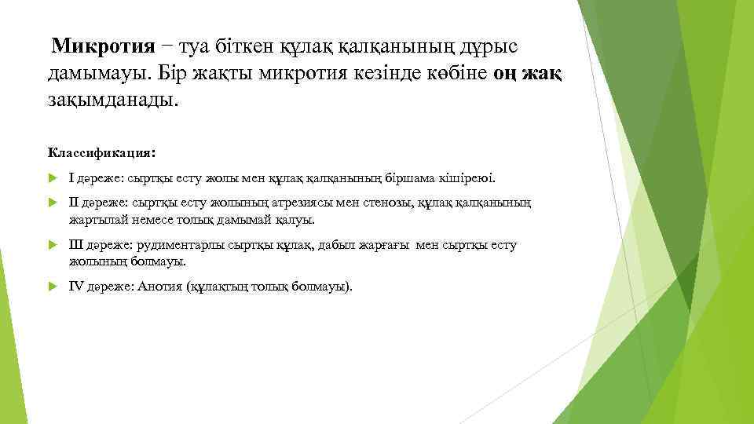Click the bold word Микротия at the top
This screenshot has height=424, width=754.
[x=103, y=46]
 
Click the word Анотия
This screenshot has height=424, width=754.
[x=159, y=287]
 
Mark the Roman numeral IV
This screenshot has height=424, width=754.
[x=76, y=287]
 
